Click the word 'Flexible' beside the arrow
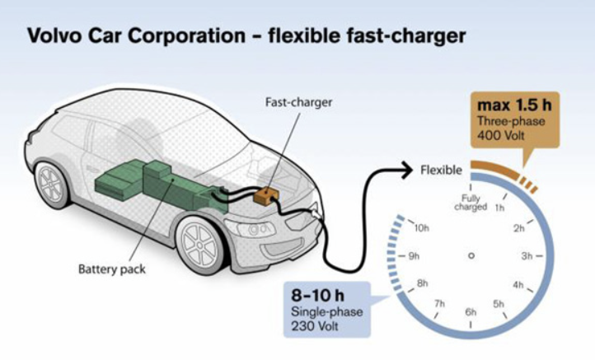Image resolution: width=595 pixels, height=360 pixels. click(x=442, y=171)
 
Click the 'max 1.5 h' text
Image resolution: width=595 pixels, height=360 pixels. click(x=511, y=106)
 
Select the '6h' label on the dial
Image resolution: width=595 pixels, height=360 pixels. click(x=471, y=312)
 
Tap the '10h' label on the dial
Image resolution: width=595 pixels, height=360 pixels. click(x=422, y=227)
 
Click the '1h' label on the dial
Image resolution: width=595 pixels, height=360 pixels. click(x=499, y=208)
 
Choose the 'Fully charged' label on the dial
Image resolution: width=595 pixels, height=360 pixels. click(x=471, y=203)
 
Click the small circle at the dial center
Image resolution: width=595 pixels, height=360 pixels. click(x=471, y=256)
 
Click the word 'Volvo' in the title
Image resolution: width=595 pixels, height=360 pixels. click(x=54, y=36)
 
